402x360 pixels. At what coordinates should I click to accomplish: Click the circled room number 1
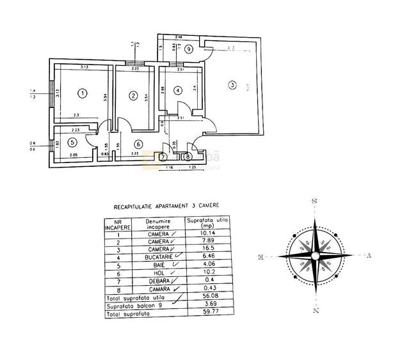pos(82,94)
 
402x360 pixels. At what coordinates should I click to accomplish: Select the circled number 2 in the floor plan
pos(133,96)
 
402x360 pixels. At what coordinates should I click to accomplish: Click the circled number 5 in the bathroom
pos(73,143)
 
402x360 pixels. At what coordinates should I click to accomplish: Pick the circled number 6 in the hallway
pos(138,145)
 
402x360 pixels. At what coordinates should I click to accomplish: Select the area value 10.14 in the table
pos(207,234)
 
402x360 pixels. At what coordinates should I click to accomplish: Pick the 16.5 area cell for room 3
pos(207,248)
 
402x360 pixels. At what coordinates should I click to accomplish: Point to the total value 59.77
pos(207,314)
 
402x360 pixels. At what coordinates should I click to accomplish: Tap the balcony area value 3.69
pos(207,306)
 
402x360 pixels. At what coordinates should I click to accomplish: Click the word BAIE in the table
pos(157,263)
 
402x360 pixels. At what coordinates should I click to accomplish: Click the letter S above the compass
pos(314,201)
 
